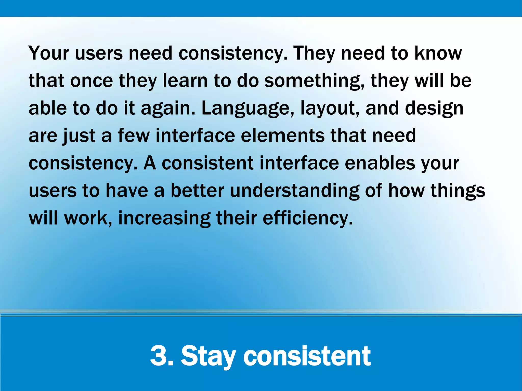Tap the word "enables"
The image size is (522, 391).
(x=380, y=163)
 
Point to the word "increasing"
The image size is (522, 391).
(x=164, y=218)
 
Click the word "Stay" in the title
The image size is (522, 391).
(x=208, y=356)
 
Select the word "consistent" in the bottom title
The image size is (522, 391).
(x=307, y=356)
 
